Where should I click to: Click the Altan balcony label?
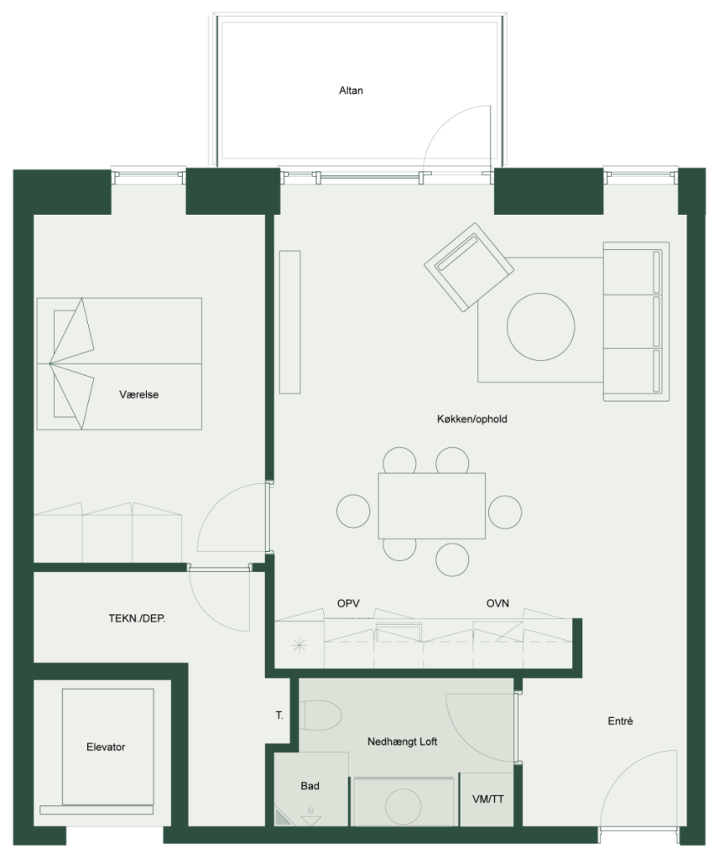point(351,91)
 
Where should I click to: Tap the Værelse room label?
point(138,394)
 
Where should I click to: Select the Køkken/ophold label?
point(472,419)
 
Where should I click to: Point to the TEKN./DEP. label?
point(137,618)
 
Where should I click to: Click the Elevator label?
point(106,747)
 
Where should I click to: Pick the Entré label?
point(620,721)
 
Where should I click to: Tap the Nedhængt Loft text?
point(402,742)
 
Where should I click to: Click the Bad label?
point(310,785)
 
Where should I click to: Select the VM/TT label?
point(487,799)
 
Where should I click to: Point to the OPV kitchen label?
point(348,603)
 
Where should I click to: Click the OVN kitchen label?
point(498,603)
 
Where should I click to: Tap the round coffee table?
point(541,326)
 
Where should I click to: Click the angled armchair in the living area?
point(469,267)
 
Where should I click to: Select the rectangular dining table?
point(432,506)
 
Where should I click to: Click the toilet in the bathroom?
point(320,715)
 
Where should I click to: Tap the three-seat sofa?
point(636,321)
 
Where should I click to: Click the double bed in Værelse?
point(119,364)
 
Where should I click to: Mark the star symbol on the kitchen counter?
point(300,645)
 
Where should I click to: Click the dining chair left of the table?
point(353,511)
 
